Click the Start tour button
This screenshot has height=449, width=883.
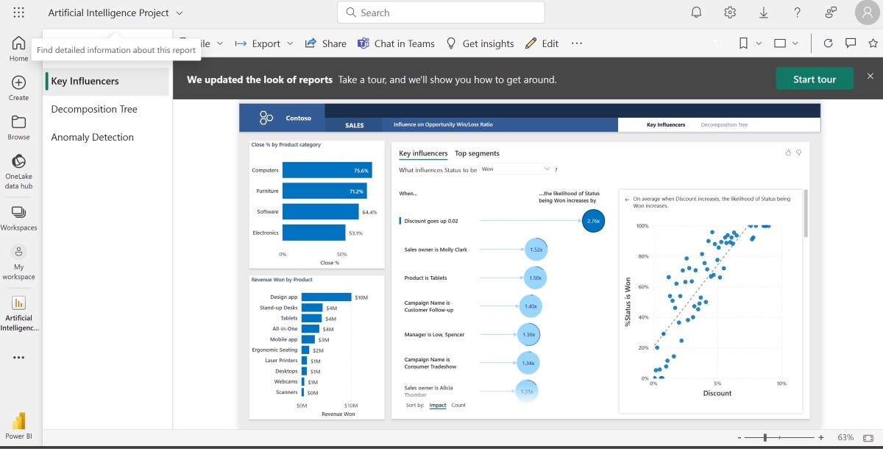pyautogui.click(x=815, y=79)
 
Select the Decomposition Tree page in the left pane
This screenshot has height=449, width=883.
pyautogui.click(x=94, y=109)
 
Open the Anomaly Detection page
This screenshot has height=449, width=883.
pyautogui.click(x=92, y=137)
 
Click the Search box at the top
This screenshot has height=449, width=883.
pyautogui.click(x=441, y=13)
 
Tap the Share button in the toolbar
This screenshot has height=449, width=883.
pyautogui.click(x=325, y=43)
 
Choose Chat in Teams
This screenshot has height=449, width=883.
pyautogui.click(x=396, y=43)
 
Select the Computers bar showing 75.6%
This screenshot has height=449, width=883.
pyautogui.click(x=327, y=170)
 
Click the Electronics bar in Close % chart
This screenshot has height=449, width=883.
pyautogui.click(x=313, y=233)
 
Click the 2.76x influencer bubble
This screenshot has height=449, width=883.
pyautogui.click(x=593, y=220)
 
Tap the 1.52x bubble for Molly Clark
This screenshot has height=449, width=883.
pyautogui.click(x=536, y=250)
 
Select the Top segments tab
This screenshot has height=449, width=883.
pyautogui.click(x=477, y=153)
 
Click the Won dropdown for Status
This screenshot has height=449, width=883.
pyautogui.click(x=515, y=169)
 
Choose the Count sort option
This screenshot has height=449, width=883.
pyautogui.click(x=458, y=406)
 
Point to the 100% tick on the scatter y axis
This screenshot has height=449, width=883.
pyautogui.click(x=642, y=226)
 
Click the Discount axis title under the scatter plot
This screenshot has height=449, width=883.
pyautogui.click(x=717, y=393)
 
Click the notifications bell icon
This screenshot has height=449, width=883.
pyautogui.click(x=696, y=13)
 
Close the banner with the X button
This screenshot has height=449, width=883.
pyautogui.click(x=870, y=77)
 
